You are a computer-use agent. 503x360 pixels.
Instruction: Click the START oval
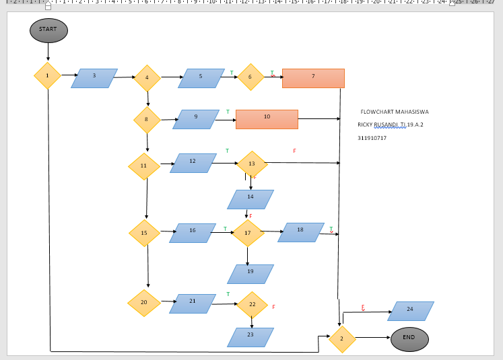(48, 30)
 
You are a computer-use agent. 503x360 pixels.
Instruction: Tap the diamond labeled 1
(47, 76)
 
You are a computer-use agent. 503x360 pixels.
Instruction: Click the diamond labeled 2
(341, 339)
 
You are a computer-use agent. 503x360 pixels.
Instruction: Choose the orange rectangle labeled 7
(313, 78)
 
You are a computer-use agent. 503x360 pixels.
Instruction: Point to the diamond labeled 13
(252, 164)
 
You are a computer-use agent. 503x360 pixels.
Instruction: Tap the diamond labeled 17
(247, 233)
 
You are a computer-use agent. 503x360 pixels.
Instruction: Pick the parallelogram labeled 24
(410, 311)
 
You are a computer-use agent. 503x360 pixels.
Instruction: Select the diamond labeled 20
(143, 303)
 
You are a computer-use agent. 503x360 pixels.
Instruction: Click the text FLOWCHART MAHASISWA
(394, 112)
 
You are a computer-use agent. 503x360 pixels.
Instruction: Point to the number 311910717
(372, 138)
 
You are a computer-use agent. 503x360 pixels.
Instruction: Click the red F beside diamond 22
(273, 307)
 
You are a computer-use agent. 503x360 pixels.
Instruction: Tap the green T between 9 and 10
(228, 112)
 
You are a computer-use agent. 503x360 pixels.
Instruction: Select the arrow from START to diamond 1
(48, 51)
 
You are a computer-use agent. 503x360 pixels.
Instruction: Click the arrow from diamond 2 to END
(372, 337)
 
